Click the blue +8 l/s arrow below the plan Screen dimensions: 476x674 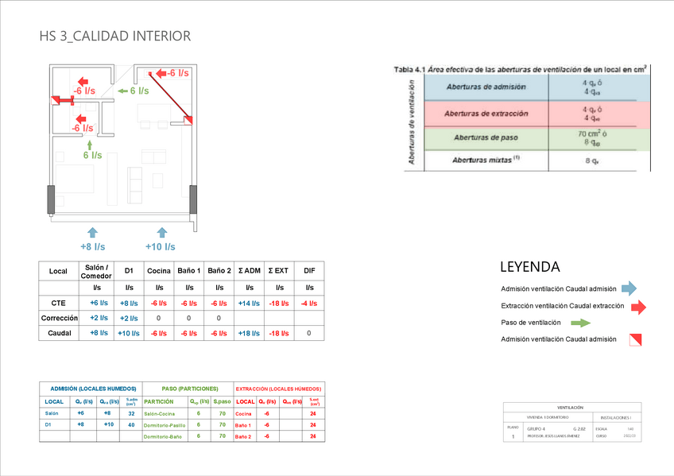pos(92,232)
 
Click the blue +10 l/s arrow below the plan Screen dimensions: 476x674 pos(162,232)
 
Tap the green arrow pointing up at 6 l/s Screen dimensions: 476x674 pos(89,143)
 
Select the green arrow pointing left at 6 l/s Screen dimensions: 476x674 pos(122,91)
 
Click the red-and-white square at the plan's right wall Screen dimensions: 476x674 pos(188,120)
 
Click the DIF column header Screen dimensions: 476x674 pos(308,271)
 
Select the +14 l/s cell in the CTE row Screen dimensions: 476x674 pos(249,303)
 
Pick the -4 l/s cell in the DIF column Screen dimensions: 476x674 pos(308,303)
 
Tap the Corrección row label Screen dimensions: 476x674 pos(58,318)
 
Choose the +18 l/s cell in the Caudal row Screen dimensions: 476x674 pos(249,333)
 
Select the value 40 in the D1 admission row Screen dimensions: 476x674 pos(132,425)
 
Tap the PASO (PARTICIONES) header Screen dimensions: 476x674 pos(187,389)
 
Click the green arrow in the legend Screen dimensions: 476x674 pos(581,323)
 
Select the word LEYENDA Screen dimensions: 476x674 pos(529,267)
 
